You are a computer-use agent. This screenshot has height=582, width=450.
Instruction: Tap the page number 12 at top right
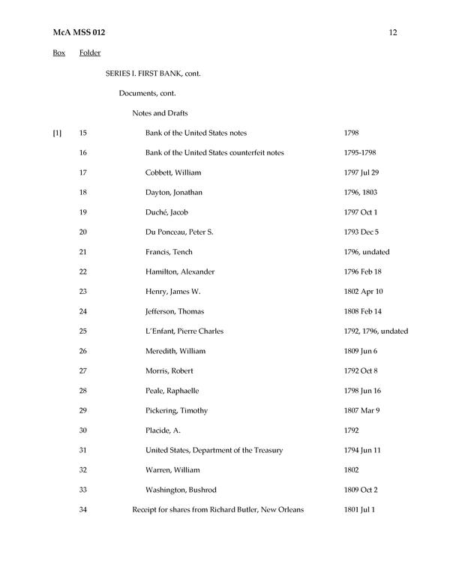(x=393, y=33)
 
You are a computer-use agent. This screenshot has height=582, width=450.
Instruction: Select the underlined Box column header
(x=58, y=53)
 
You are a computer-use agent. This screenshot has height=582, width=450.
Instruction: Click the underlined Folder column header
(x=90, y=53)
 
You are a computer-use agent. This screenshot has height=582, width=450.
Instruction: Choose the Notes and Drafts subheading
(x=160, y=113)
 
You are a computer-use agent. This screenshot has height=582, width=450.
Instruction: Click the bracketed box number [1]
(x=57, y=133)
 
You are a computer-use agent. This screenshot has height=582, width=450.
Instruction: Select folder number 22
(x=82, y=271)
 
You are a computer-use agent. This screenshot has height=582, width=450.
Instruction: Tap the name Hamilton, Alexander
(x=177, y=271)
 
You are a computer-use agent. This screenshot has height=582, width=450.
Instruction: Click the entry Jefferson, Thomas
(x=174, y=311)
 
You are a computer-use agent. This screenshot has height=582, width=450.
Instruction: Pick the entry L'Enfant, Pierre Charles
(x=184, y=331)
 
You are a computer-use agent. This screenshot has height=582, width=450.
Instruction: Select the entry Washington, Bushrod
(x=180, y=490)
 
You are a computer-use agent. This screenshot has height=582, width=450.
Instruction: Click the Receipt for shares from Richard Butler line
(x=217, y=510)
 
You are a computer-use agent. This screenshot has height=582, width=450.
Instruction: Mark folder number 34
(x=82, y=510)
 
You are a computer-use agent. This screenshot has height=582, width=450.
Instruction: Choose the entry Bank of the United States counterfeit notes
(x=214, y=153)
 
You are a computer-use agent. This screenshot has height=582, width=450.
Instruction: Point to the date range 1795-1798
(x=360, y=153)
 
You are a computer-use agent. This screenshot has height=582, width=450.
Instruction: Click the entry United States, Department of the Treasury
(x=214, y=450)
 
